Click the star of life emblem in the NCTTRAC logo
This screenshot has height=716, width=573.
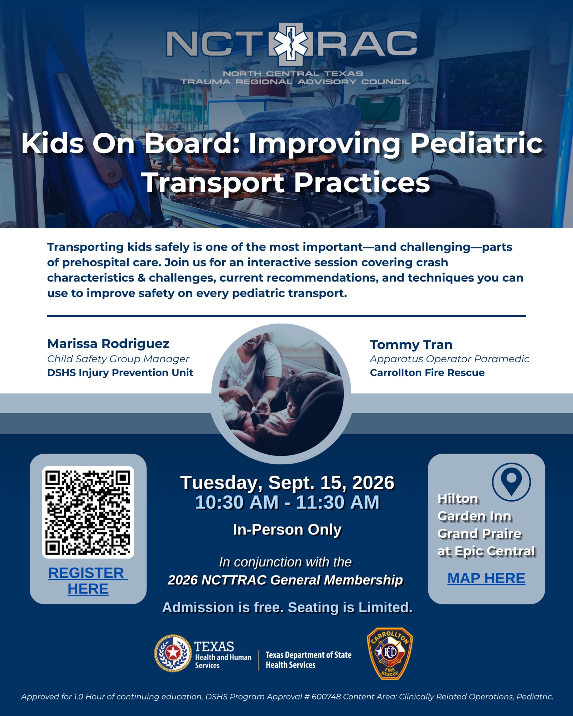pyautogui.click(x=290, y=44)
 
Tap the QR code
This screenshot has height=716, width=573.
pyautogui.click(x=88, y=512)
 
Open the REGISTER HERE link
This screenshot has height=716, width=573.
pyautogui.click(x=88, y=581)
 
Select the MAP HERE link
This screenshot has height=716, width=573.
pyautogui.click(x=486, y=579)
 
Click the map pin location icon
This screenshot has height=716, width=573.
pyautogui.click(x=511, y=482)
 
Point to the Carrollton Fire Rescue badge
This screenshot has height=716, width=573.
pyautogui.click(x=390, y=654)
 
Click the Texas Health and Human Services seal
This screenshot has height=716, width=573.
pyautogui.click(x=173, y=653)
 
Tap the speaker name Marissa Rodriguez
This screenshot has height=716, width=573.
pyautogui.click(x=108, y=344)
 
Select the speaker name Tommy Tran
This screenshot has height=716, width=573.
pyautogui.click(x=411, y=345)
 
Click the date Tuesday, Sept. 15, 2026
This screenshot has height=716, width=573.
pyautogui.click(x=287, y=483)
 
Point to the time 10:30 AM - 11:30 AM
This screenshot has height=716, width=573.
pyautogui.click(x=287, y=502)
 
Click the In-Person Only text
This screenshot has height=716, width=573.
pyautogui.click(x=287, y=529)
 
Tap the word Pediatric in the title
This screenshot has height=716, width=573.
pyautogui.click(x=477, y=143)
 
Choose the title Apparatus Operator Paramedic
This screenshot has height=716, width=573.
pyautogui.click(x=449, y=359)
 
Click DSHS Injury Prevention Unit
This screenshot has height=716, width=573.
pyautogui.click(x=120, y=373)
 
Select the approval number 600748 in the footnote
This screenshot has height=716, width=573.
pyautogui.click(x=326, y=697)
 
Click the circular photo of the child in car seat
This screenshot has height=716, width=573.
pyautogui.click(x=281, y=394)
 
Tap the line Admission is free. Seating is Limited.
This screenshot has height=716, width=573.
pyautogui.click(x=287, y=608)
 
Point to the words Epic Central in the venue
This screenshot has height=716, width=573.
pyautogui.click(x=495, y=551)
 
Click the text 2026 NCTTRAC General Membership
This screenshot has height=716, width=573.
pyautogui.click(x=285, y=580)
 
